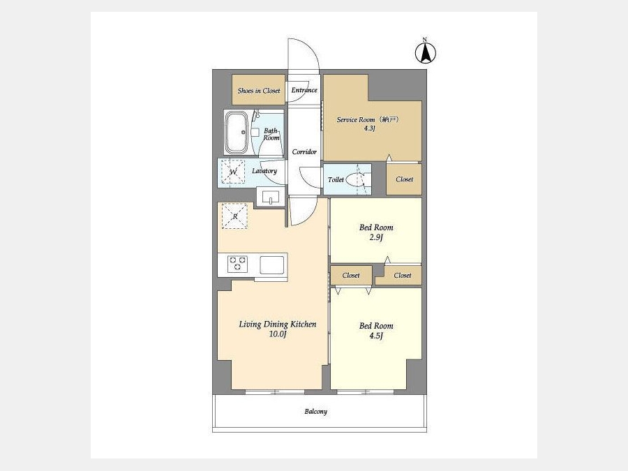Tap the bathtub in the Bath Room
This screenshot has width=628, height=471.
click(x=236, y=133)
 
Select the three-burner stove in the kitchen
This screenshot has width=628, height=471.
click(x=237, y=264)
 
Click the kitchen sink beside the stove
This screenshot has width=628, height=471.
click(x=272, y=264)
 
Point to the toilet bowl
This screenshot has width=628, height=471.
click(x=355, y=180)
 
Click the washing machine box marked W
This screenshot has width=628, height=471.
click(x=233, y=172)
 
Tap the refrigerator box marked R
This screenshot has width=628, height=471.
click(x=234, y=216)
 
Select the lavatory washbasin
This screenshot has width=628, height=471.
click(x=271, y=197)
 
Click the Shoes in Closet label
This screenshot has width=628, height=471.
click(x=259, y=91)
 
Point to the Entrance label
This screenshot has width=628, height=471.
click(x=304, y=90)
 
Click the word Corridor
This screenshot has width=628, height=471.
click(x=304, y=152)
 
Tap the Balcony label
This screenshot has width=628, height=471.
click(x=316, y=412)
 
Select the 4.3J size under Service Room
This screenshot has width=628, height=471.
click(x=369, y=128)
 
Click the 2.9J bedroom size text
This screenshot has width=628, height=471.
click(x=376, y=237)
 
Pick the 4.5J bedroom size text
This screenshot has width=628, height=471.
click(x=376, y=336)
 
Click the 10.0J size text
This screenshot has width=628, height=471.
click(x=278, y=334)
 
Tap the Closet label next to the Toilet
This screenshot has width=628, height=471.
click(x=404, y=179)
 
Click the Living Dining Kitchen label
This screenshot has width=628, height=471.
click(x=278, y=324)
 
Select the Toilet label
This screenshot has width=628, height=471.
click(x=336, y=180)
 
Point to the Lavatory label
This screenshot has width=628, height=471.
click(x=264, y=171)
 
